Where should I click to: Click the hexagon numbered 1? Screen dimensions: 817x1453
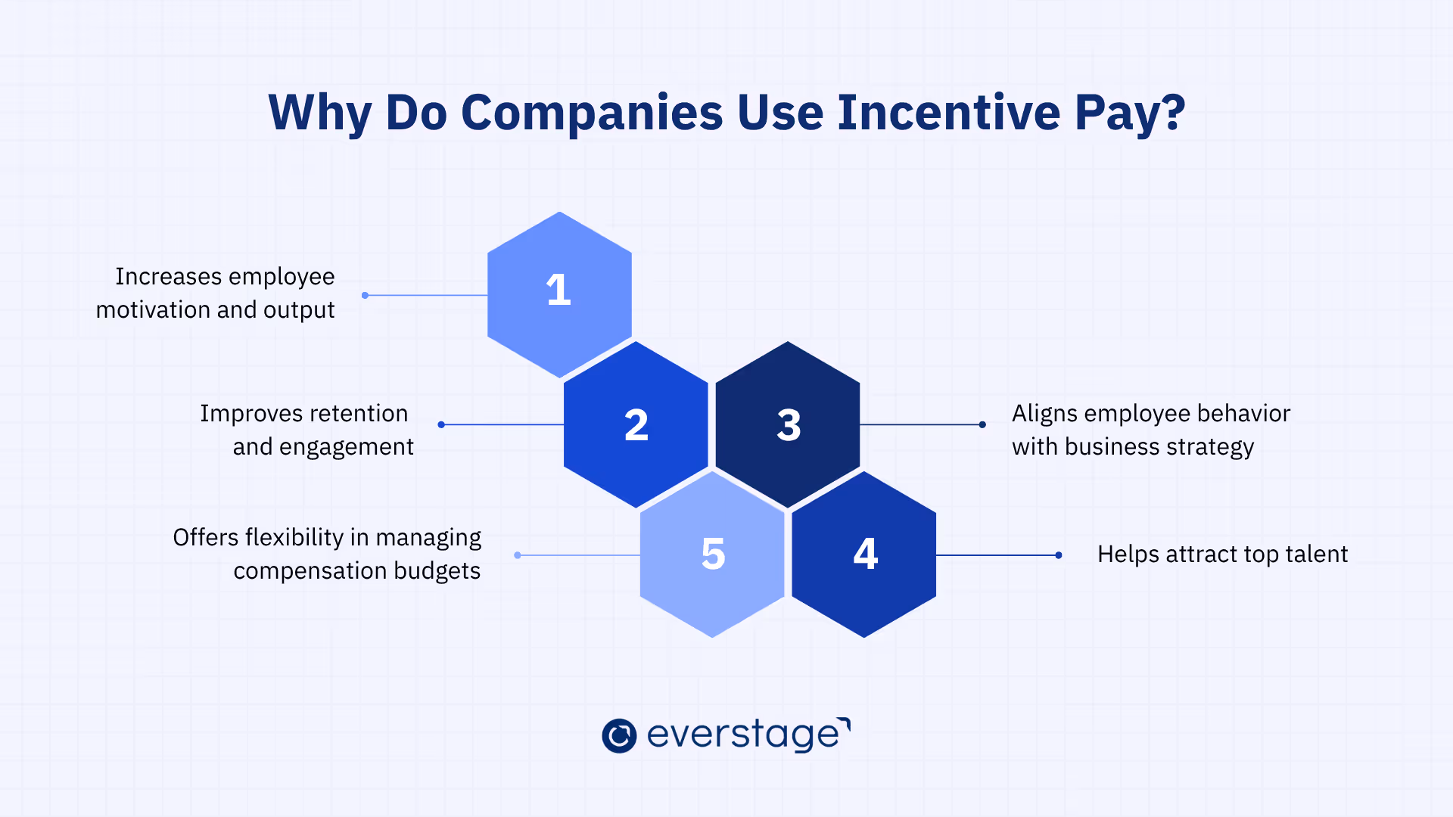point(559,294)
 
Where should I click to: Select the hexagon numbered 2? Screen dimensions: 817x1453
point(636,424)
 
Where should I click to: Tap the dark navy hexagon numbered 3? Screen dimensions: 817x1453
point(788,424)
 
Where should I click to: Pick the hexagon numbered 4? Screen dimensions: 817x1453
point(864,555)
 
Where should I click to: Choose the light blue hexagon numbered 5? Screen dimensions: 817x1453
point(712,555)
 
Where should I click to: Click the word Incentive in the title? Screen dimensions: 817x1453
point(949,113)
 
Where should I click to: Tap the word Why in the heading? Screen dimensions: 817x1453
point(319,113)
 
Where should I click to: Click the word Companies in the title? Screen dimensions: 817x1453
point(592,113)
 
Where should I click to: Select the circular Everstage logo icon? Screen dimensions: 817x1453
point(619,735)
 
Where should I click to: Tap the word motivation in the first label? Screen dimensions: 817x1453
point(153,309)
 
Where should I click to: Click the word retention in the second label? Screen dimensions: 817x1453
point(358,414)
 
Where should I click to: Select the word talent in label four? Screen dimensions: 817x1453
point(1318,555)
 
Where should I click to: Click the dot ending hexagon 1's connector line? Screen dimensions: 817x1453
point(365,295)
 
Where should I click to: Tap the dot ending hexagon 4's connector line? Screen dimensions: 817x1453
point(1059,555)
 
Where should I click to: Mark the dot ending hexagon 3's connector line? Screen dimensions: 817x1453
point(982,424)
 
